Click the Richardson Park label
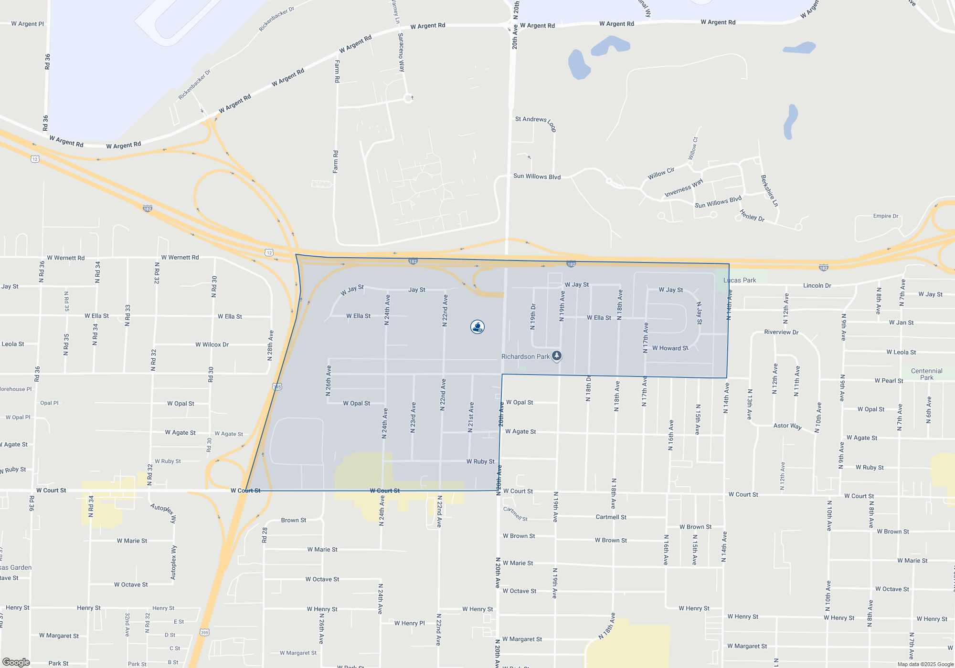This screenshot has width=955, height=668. tap(525, 356)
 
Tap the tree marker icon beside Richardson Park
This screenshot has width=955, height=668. tap(557, 356)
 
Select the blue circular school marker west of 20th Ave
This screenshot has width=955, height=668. tap(477, 327)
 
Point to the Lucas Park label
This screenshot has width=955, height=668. tap(740, 280)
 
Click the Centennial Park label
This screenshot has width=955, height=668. tap(926, 374)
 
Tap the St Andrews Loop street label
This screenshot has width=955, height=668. tap(535, 122)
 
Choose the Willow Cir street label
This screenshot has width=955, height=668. tap(661, 174)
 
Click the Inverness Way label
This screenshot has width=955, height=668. tap(683, 188)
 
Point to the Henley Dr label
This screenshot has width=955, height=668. tap(752, 216)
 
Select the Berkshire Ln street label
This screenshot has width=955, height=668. tap(769, 191)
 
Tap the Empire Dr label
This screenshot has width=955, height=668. tap(886, 216)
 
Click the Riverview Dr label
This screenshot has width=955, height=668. tap(781, 332)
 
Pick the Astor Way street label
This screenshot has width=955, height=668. tap(787, 426)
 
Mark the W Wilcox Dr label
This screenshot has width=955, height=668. tap(212, 344)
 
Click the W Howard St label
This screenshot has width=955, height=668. tap(670, 348)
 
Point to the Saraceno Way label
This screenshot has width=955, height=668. tap(402, 52)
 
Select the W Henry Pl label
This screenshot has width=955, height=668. tap(409, 623)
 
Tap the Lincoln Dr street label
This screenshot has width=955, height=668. tap(817, 286)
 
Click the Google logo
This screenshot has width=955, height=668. tap(16, 662)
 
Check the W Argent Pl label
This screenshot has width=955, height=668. tap(28, 24)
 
